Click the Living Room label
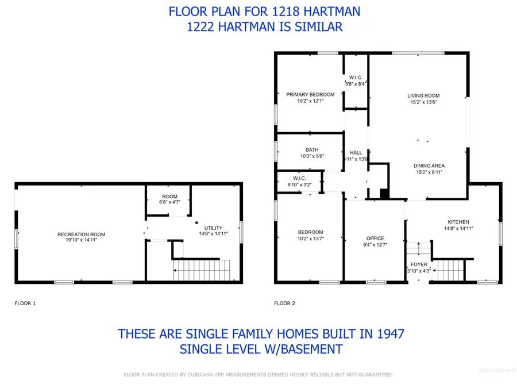tap(423, 95)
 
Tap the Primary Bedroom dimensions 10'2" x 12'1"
tap(310, 101)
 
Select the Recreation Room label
tap(81, 234)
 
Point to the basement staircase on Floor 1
tap(201, 271)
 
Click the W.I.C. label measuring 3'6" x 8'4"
tap(355, 77)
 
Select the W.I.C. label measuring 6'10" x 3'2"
tap(298, 178)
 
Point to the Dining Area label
tap(430, 166)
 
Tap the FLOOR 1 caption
tap(25, 303)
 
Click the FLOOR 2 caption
tap(285, 303)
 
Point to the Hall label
tap(356, 152)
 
